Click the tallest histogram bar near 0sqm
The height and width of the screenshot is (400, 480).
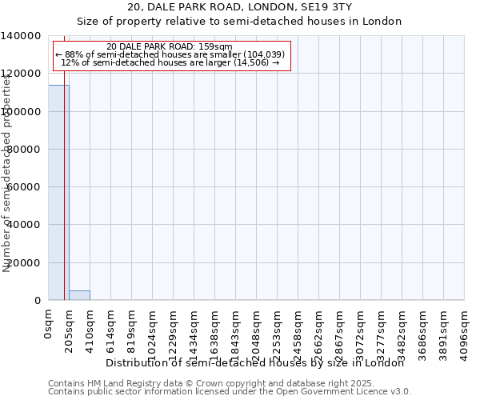coord(58,192)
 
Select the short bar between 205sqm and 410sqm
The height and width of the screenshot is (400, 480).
coord(79,295)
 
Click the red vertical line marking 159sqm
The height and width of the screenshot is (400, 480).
coord(64,200)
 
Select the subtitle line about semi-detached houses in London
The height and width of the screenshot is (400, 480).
coord(240,21)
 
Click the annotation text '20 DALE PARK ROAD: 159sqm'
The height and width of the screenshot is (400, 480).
coord(169,47)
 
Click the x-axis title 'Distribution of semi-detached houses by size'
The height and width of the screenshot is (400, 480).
coord(255,363)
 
